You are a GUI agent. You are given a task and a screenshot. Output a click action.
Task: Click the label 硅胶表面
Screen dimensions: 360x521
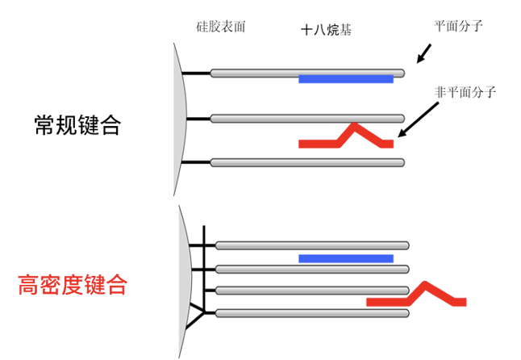pyautogui.click(x=220, y=27)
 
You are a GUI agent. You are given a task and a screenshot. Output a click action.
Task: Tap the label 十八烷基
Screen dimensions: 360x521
pyautogui.click(x=326, y=30)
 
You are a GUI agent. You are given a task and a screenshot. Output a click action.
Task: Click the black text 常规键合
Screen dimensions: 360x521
pyautogui.click(x=77, y=124)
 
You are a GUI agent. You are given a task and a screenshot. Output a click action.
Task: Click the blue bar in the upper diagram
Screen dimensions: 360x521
pyautogui.click(x=345, y=78)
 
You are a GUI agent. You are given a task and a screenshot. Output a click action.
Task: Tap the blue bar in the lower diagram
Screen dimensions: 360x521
pyautogui.click(x=345, y=258)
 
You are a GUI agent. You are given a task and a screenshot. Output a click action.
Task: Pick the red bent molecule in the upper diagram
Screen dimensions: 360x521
pyautogui.click(x=347, y=138)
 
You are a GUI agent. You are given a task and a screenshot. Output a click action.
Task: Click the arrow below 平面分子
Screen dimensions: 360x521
pyautogui.click(x=424, y=52)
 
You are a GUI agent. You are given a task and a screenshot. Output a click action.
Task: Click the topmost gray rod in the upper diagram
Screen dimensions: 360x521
pyautogui.click(x=306, y=73)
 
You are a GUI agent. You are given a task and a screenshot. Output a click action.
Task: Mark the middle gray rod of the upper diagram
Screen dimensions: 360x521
pyautogui.click(x=306, y=119)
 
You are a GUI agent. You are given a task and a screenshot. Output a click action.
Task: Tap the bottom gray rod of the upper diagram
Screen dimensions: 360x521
pyautogui.click(x=306, y=162)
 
